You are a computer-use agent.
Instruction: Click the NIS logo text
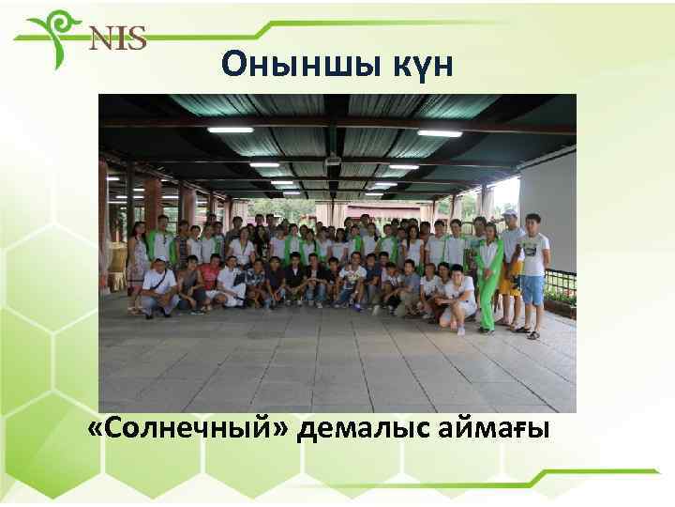(x=117, y=38)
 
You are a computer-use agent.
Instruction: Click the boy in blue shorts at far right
(x=532, y=272)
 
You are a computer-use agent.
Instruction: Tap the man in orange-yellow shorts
(x=511, y=268)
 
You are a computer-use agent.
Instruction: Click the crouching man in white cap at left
(x=158, y=286)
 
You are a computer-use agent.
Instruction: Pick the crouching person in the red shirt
(x=210, y=279)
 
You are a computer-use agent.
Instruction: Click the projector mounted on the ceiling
(x=332, y=163)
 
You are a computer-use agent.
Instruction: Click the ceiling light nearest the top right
(x=440, y=133)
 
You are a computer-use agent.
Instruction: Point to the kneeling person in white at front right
(x=458, y=299)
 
